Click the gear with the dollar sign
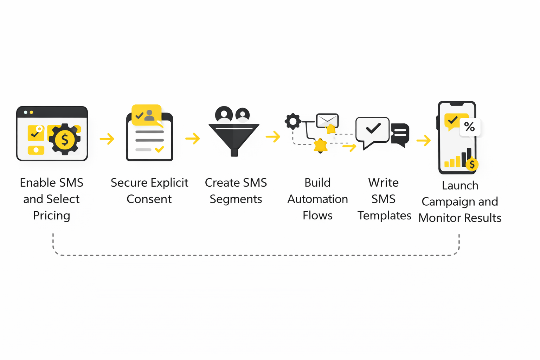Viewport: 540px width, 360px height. coord(65,139)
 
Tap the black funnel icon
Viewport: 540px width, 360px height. coord(234,137)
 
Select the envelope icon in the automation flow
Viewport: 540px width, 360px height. coord(327,121)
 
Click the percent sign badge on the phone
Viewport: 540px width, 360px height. coord(469,127)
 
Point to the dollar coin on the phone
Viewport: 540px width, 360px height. coord(472,164)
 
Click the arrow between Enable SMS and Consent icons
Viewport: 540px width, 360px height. coord(107,139)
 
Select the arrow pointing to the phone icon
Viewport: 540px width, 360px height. coord(424,140)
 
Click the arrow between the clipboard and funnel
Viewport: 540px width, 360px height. coord(193,139)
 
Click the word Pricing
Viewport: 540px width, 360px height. coord(52,216)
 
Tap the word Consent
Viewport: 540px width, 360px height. coord(149,199)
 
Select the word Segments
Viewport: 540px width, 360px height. coord(236,199)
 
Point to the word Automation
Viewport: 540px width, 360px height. coord(317,199)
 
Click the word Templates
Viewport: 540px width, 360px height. coord(384,216)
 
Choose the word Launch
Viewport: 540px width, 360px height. coord(460,185)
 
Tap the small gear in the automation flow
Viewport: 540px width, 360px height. coord(293,121)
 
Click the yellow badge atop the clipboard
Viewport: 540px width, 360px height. coord(147,115)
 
